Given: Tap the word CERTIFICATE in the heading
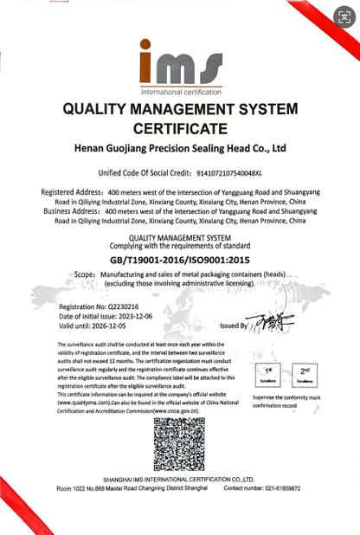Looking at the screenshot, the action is pos(180,128).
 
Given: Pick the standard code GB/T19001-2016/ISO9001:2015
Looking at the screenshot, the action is pos(179,259).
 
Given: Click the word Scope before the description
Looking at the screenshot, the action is pos(84,273).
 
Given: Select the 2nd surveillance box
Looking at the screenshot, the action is pos(304,374).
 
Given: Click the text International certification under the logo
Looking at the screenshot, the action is pos(180,90).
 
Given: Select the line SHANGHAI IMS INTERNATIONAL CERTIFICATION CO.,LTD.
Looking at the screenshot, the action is pos(179,479).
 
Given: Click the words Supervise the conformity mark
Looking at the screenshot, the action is pos(286,397).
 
